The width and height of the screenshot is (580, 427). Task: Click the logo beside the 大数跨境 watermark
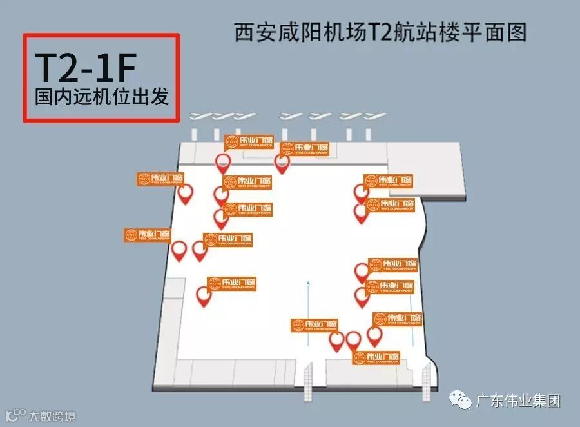coord(15,414)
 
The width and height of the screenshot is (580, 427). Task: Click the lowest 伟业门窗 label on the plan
coord(376,358)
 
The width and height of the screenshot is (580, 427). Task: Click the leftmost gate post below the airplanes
coord(195,134)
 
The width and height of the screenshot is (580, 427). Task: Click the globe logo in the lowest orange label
coord(359,358)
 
